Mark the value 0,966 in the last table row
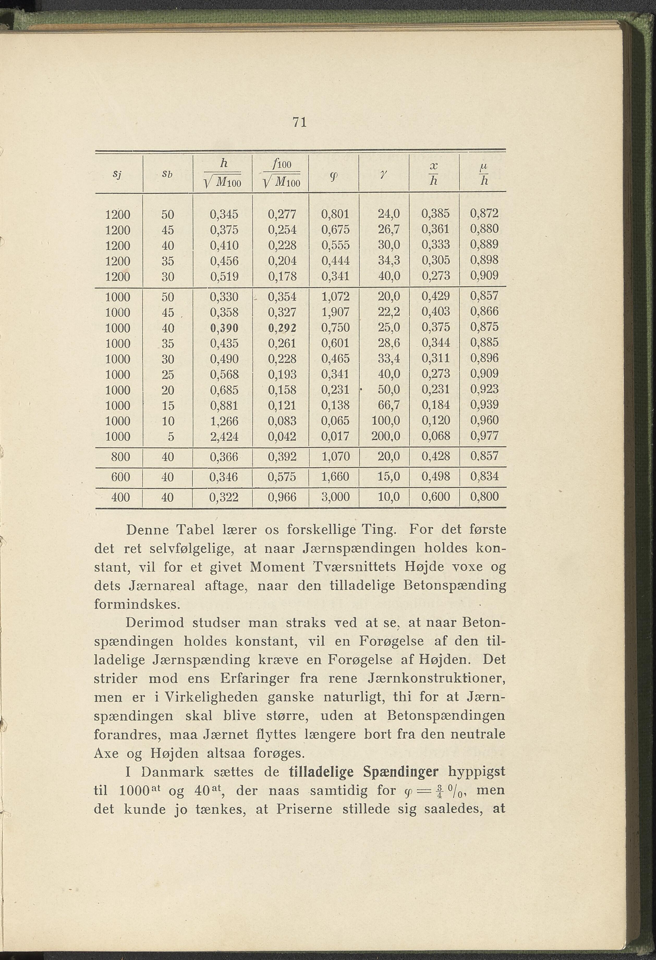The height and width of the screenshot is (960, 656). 282,497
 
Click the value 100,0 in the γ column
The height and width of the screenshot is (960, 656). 386,421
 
